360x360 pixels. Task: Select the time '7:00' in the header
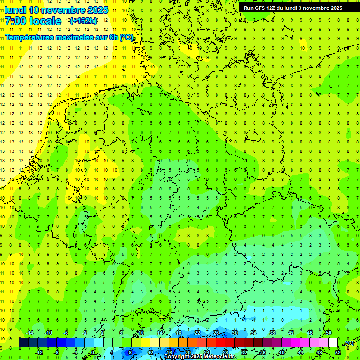coord(15,21)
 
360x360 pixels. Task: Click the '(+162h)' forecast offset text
coord(83,21)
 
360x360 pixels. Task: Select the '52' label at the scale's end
coord(337,352)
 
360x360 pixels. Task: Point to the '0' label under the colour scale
coord(92,352)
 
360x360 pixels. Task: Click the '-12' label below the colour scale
coord(39,352)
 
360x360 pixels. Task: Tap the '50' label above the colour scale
coord(328,333)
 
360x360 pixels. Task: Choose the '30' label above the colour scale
coord(234,333)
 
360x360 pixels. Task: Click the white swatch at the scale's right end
coord(333,343)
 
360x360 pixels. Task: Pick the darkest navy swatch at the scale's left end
coord(23,343)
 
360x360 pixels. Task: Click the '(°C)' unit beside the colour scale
coord(349,343)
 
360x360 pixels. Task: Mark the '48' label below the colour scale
coord(319,352)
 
